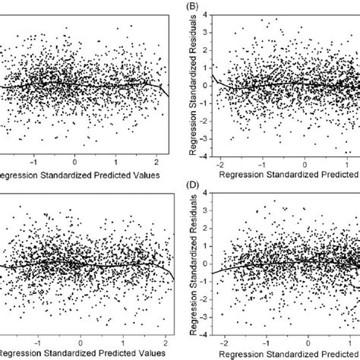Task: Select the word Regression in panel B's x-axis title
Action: click(x=243, y=175)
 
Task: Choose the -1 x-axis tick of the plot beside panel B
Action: click(x=32, y=163)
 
